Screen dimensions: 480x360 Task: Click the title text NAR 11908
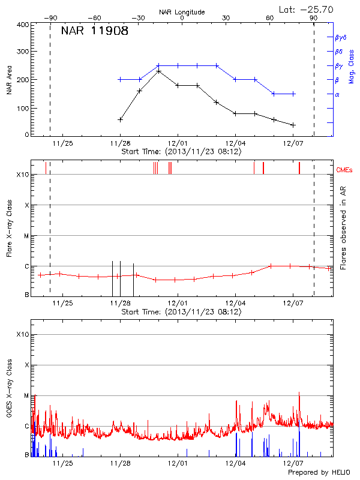tap(94, 31)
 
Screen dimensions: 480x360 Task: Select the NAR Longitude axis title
tap(182, 12)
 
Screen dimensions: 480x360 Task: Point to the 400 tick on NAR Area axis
tap(23, 25)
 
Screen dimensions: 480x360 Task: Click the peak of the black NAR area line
tap(158, 71)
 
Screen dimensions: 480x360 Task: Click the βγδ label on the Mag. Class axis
tap(341, 37)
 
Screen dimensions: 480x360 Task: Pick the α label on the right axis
tap(337, 94)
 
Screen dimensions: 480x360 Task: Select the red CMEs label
tap(346, 170)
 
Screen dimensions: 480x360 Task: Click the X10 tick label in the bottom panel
tap(23, 334)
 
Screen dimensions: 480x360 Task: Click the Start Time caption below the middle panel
tap(181, 312)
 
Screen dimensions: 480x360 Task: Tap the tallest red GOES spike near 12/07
tap(299, 394)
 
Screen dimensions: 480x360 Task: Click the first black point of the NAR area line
tap(121, 119)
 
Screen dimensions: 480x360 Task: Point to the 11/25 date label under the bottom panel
tap(64, 463)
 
